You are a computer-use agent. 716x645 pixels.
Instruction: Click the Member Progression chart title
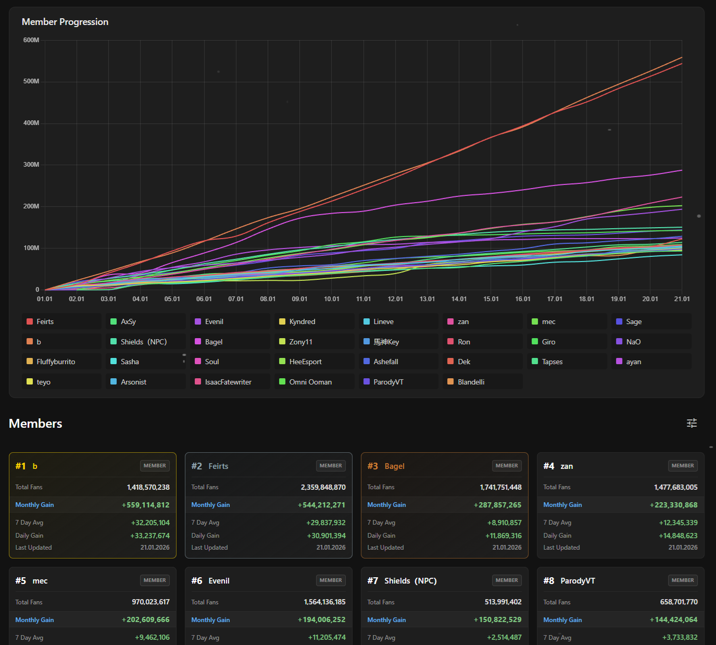(65, 22)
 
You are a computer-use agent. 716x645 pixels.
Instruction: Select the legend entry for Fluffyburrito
(56, 362)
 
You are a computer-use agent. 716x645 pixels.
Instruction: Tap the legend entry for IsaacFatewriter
(228, 382)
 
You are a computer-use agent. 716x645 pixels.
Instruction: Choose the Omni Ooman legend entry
(310, 382)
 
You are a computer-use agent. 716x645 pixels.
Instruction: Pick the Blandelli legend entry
(471, 382)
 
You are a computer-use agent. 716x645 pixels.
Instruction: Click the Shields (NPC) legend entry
(144, 342)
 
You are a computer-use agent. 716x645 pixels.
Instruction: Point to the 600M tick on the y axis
(31, 40)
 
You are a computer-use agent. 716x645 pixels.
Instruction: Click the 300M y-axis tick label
(31, 165)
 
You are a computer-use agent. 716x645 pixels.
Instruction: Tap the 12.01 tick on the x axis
(395, 299)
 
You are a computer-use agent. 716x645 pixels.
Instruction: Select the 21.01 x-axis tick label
(682, 299)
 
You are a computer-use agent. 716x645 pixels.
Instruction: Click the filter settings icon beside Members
(692, 423)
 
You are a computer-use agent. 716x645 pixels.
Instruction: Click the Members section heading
(35, 424)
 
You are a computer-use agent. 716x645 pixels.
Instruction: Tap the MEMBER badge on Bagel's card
(507, 466)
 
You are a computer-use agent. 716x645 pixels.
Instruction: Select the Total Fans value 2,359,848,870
(323, 487)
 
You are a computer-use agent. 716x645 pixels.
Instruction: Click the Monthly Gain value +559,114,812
(146, 505)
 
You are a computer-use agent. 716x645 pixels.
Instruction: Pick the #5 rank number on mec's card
(21, 581)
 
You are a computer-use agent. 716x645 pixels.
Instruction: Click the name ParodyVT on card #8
(577, 581)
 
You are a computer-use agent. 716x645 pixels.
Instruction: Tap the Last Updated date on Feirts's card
(331, 548)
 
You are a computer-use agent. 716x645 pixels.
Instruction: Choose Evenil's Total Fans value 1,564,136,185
(324, 602)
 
